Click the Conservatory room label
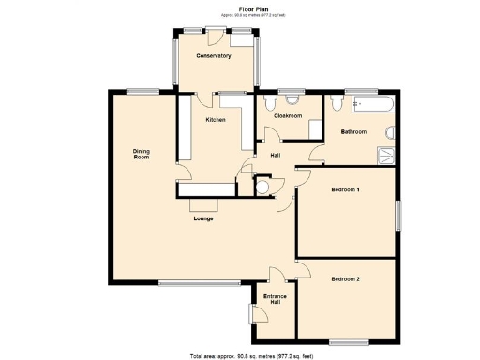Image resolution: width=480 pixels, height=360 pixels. (213, 56)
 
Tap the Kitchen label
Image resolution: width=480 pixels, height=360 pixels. (216, 119)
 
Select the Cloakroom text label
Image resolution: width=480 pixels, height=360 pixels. (288, 115)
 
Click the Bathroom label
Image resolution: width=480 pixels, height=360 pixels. (353, 132)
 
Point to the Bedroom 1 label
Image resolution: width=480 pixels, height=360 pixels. (346, 190)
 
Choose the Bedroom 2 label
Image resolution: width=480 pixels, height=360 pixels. (346, 278)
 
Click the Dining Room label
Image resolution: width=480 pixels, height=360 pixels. (141, 154)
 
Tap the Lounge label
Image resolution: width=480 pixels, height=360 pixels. (203, 218)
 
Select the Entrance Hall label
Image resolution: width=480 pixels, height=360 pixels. (274, 300)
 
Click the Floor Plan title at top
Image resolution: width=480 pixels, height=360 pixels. (239, 7)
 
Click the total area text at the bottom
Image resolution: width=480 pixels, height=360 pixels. (239, 355)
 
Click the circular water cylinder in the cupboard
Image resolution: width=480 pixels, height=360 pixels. (262, 187)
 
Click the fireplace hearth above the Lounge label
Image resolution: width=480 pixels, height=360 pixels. (202, 204)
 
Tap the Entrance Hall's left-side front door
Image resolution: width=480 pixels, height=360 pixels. (252, 313)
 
